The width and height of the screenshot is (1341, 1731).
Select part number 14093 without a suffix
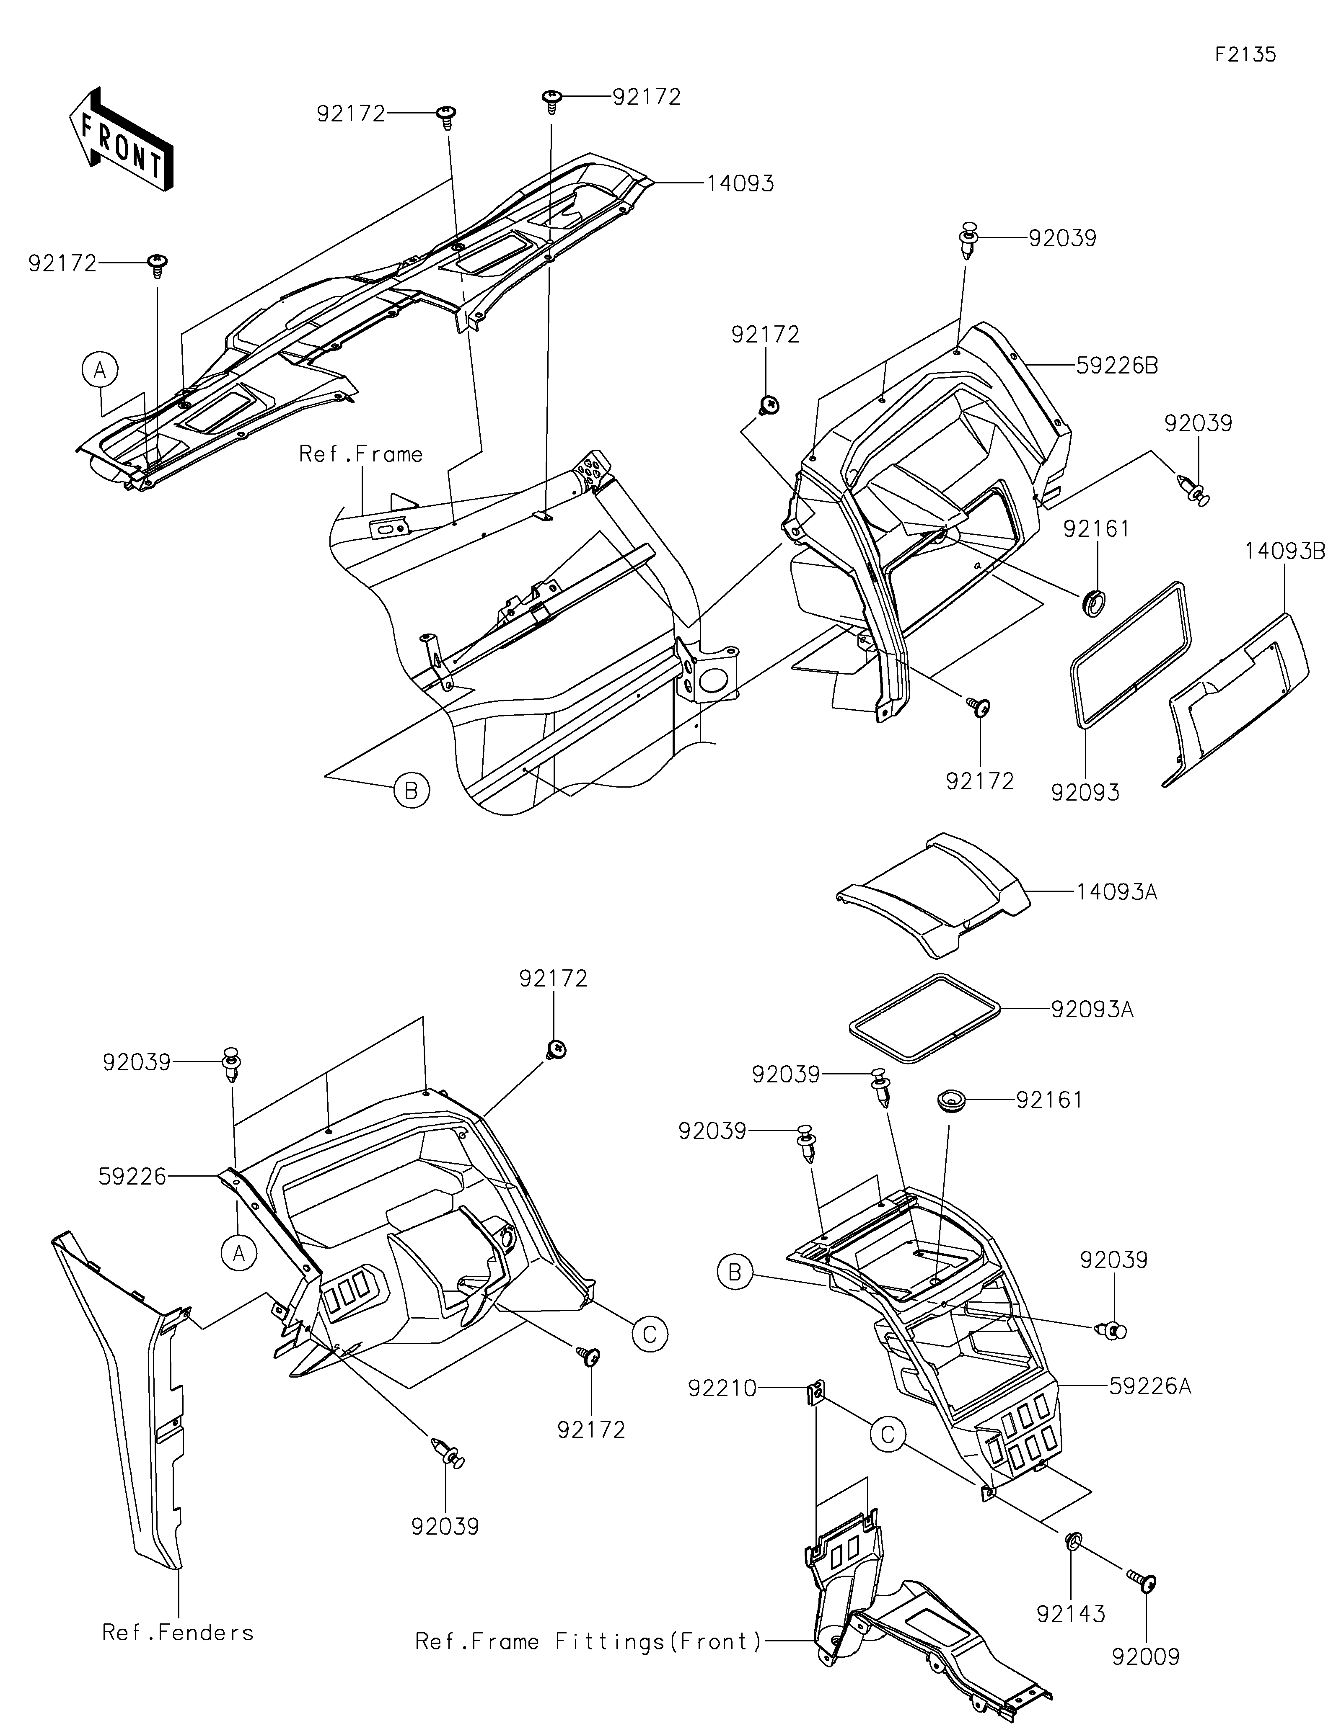(740, 183)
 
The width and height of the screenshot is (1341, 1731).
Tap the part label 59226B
(1118, 366)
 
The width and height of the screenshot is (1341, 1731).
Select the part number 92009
(1146, 1656)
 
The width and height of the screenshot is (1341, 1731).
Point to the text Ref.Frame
(361, 454)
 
